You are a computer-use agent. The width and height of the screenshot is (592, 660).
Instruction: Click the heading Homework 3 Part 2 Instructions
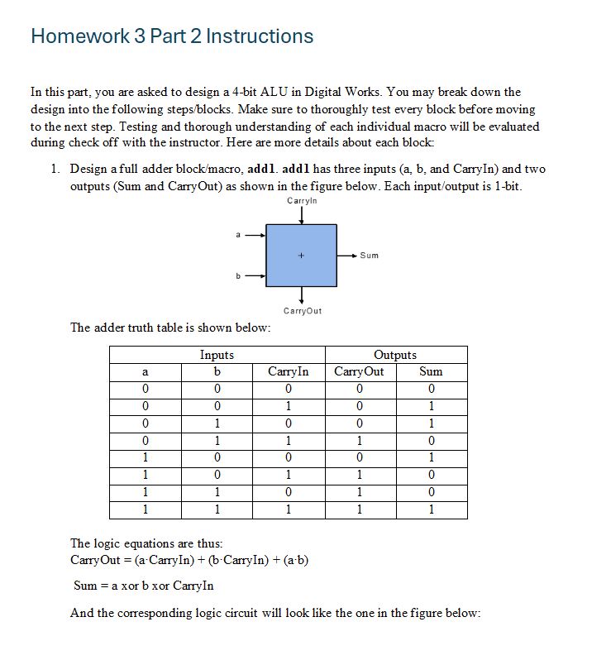(172, 36)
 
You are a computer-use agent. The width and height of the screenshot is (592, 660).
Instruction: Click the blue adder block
(301, 255)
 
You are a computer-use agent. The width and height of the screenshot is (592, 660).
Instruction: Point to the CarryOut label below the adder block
(302, 311)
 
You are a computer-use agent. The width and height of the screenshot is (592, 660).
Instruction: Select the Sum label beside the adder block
(370, 256)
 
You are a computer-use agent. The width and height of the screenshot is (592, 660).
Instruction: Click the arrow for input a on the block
(255, 235)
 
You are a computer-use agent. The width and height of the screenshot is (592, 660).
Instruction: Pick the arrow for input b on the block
(255, 276)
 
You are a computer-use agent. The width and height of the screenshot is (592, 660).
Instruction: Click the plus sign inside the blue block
(301, 256)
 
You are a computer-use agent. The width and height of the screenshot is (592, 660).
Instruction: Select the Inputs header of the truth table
(217, 355)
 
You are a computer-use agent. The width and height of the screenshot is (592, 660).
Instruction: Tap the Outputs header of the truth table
(395, 355)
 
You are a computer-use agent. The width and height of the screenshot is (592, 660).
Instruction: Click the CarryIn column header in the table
(289, 371)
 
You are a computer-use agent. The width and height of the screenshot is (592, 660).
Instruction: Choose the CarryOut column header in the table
(359, 371)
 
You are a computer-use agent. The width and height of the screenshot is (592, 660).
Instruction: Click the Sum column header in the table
(431, 371)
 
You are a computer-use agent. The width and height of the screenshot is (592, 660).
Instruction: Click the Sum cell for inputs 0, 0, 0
(431, 389)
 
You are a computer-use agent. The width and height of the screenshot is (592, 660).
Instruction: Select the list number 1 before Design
(54, 169)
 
